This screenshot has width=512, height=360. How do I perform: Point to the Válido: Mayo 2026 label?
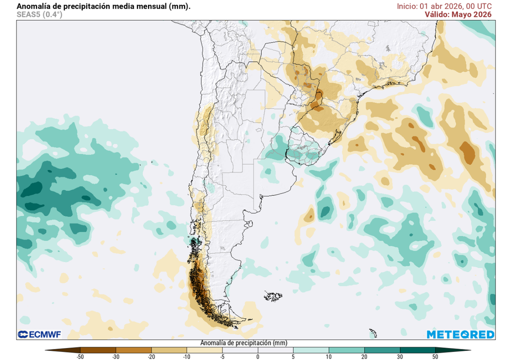458,14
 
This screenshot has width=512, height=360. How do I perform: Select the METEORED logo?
460,334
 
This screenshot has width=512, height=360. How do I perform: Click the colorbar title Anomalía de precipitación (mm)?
243,343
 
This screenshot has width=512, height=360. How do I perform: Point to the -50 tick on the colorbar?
80,356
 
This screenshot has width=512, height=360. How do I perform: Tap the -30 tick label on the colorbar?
115,356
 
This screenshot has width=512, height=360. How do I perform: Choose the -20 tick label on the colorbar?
151,356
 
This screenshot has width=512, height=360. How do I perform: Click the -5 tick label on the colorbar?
222,356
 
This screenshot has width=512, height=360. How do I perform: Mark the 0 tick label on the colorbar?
257,356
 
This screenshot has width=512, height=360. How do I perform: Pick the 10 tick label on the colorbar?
328,356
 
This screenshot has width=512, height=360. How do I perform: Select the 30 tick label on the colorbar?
399,356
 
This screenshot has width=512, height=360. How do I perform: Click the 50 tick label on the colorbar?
435,356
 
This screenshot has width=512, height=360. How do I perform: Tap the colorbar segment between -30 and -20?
133,350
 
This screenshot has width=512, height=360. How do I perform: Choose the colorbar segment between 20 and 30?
382,350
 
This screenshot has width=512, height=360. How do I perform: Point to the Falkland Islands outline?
273,296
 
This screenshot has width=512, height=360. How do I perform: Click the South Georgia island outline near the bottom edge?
372,332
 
